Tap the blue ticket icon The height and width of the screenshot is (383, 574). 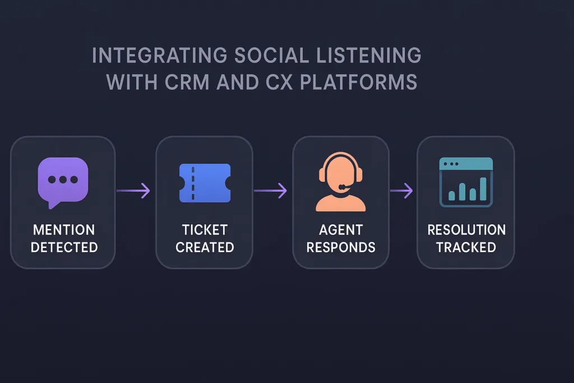click(x=205, y=183)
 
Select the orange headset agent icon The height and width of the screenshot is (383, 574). click(x=341, y=182)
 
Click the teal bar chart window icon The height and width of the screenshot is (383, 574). click(x=466, y=182)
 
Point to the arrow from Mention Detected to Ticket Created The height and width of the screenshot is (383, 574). click(x=133, y=191)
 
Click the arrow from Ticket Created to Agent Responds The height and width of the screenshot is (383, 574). click(x=271, y=191)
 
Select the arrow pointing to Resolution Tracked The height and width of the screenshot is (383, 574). click(x=401, y=191)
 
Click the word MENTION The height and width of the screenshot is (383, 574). click(x=64, y=230)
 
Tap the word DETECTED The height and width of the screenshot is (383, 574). click(x=64, y=247)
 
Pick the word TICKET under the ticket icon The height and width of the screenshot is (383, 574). click(x=205, y=230)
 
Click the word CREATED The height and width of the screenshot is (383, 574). click(x=205, y=247)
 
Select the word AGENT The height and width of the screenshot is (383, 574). click(x=341, y=230)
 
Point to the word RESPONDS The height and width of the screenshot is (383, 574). click(x=341, y=247)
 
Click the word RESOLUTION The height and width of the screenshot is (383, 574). click(x=466, y=230)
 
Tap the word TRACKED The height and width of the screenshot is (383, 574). click(x=466, y=247)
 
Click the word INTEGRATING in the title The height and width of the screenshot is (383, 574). click(x=160, y=56)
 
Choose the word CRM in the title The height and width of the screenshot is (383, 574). click(x=187, y=82)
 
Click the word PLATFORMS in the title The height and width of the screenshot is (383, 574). click(x=359, y=82)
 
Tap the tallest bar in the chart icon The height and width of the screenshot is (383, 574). click(x=483, y=189)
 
